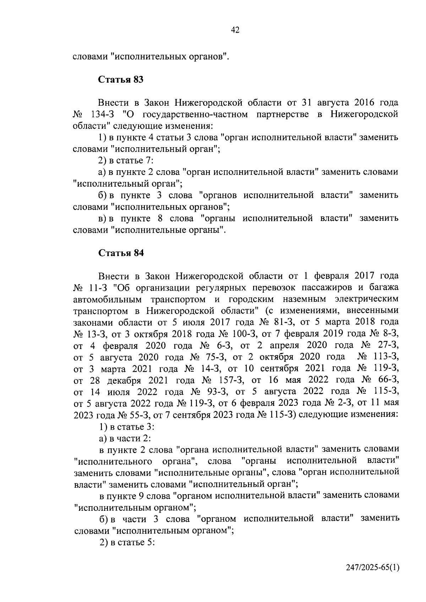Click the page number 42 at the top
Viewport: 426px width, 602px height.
[x=235, y=30]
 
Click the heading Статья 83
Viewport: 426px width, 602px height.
[x=121, y=79]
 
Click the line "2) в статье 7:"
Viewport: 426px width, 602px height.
[x=126, y=160]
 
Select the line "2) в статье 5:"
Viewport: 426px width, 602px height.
[x=127, y=542]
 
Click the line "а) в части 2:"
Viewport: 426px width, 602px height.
[x=125, y=438]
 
